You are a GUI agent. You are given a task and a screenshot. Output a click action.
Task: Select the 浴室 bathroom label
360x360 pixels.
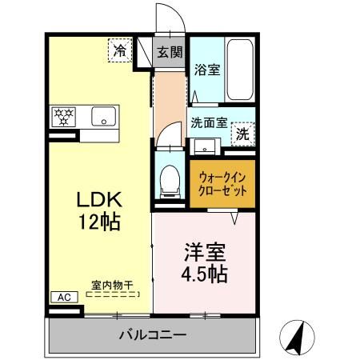207,70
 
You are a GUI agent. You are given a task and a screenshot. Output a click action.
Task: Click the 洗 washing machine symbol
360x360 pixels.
242,135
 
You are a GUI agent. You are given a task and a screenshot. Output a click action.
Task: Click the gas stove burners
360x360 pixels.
64,118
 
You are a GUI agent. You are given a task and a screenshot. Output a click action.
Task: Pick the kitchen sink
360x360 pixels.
104,117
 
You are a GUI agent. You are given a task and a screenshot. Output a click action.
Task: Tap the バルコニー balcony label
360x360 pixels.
154,334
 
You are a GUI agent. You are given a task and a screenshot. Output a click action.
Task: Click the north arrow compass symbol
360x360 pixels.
297,337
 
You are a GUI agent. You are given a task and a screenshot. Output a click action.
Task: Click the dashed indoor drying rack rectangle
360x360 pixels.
112,295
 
